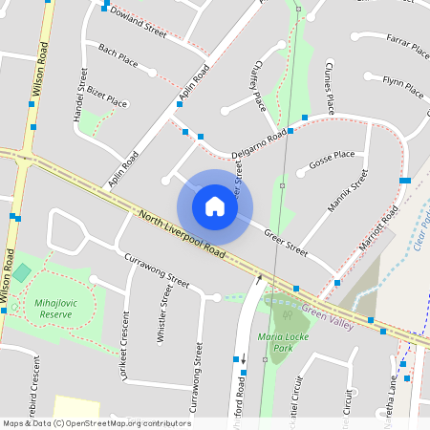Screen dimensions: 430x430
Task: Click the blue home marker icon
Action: pos(215,205)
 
